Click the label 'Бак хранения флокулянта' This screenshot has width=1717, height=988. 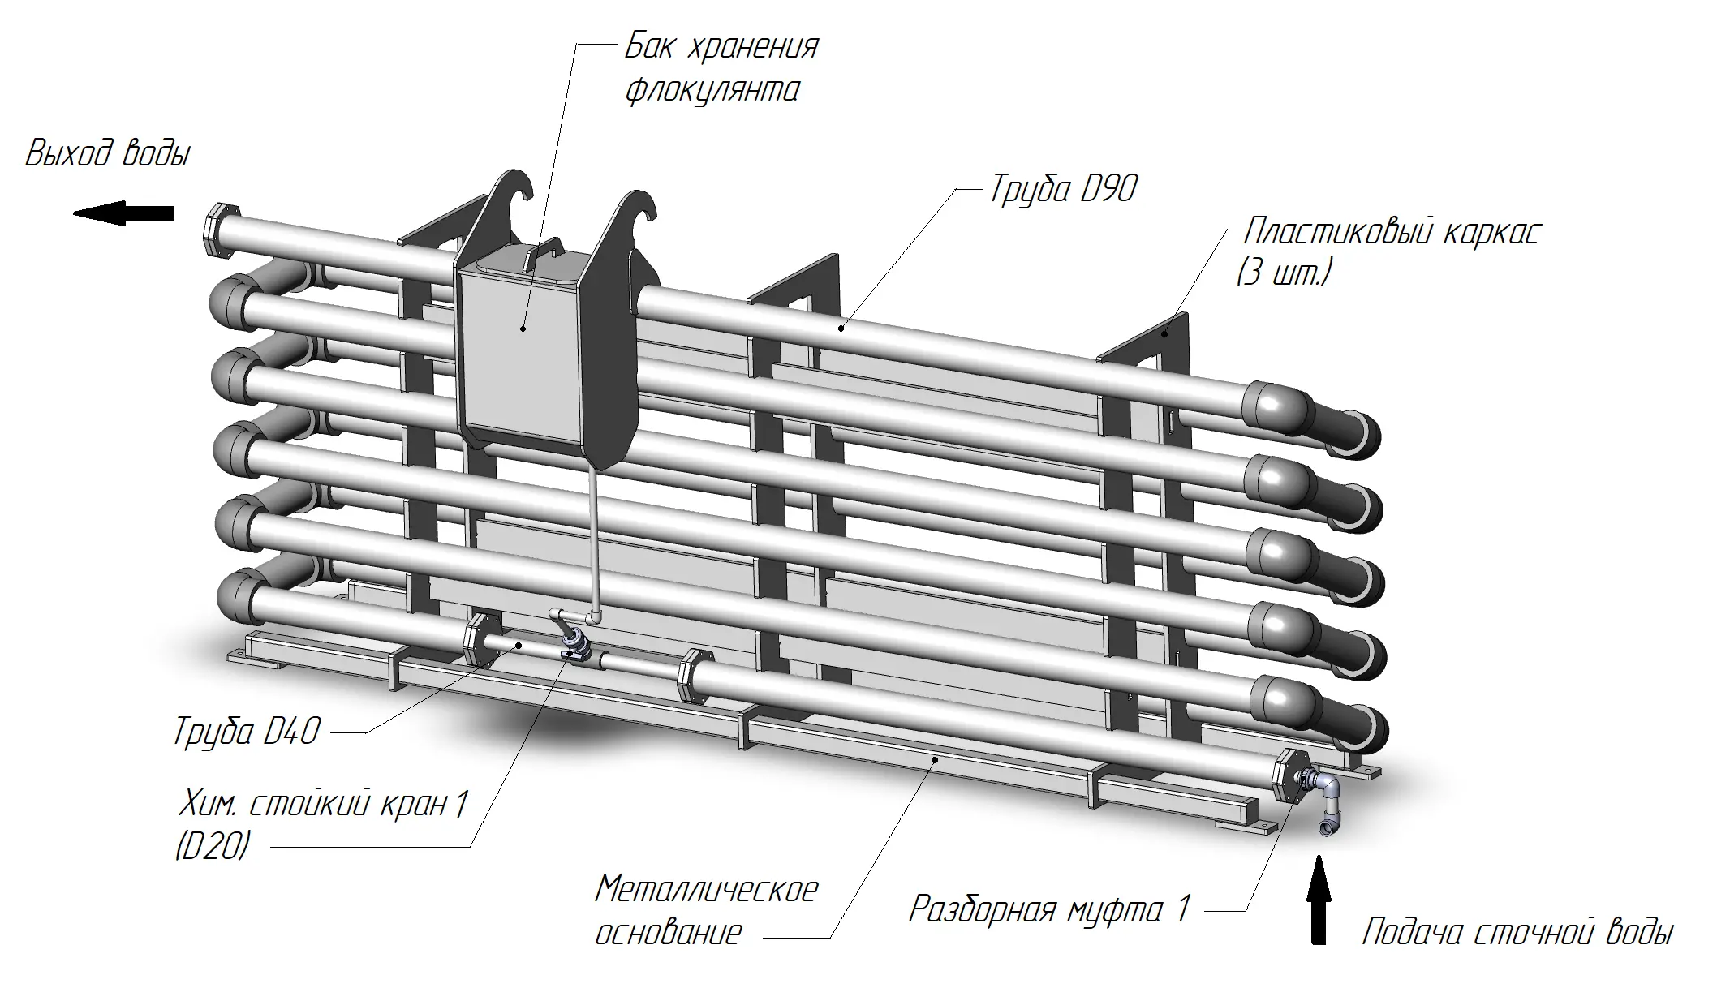click(x=721, y=68)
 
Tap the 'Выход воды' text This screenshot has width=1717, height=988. click(x=108, y=154)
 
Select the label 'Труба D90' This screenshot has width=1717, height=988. click(x=1062, y=190)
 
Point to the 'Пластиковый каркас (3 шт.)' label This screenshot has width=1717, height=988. click(x=1388, y=251)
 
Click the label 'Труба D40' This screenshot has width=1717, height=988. click(x=247, y=732)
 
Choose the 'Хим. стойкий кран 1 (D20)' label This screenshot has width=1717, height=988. click(x=321, y=825)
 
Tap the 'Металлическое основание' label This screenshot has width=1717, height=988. click(x=706, y=910)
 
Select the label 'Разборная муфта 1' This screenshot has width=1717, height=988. click(x=1048, y=909)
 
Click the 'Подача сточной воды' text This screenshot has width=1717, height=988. click(x=1517, y=933)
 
